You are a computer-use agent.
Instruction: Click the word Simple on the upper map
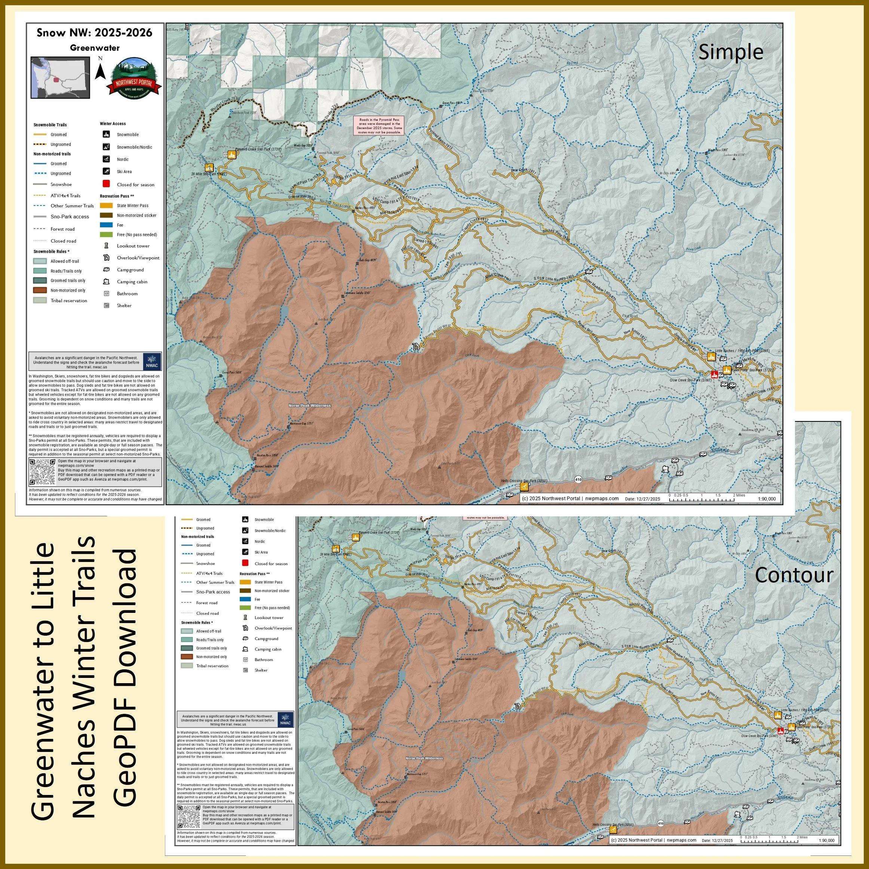pyautogui.click(x=731, y=52)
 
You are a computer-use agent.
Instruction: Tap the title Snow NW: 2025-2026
pyautogui.click(x=95, y=33)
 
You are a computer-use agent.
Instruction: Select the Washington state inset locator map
pyautogui.click(x=60, y=77)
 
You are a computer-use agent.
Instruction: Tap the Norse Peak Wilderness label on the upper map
pyautogui.click(x=310, y=405)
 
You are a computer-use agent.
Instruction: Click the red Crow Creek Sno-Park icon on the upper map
pyautogui.click(x=714, y=374)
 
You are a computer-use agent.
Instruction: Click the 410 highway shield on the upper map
pyautogui.click(x=578, y=479)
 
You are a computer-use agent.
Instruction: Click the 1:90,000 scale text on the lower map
pyautogui.click(x=827, y=840)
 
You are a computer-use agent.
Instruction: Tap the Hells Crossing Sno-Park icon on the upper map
pyautogui.click(x=525, y=487)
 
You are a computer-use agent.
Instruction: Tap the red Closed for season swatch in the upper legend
pyautogui.click(x=106, y=184)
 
